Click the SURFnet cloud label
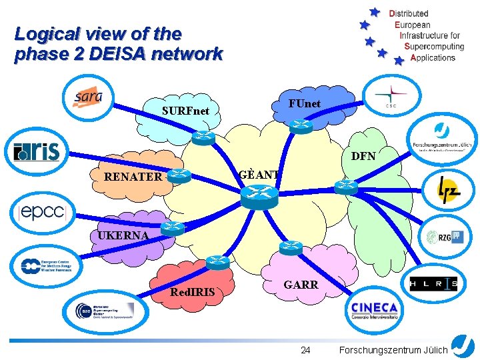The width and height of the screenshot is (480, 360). coord(185,110)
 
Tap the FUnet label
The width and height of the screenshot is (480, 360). coord(304,103)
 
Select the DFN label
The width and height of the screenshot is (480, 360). coord(363,157)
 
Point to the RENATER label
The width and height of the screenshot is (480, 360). coord(133,177)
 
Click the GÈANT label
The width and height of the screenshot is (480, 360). coord(259,175)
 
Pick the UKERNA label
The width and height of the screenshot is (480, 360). coord(123,235)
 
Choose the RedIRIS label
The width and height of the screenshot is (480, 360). coord(193,292)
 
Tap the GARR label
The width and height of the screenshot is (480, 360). coord(301,284)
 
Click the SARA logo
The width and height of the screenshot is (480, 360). coord(88,97)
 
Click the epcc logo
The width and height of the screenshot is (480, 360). coord(43,212)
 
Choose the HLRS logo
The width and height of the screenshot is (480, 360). coord(433,284)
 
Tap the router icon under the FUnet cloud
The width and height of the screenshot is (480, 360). coord(301,125)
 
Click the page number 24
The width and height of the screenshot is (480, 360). coord(305,350)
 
